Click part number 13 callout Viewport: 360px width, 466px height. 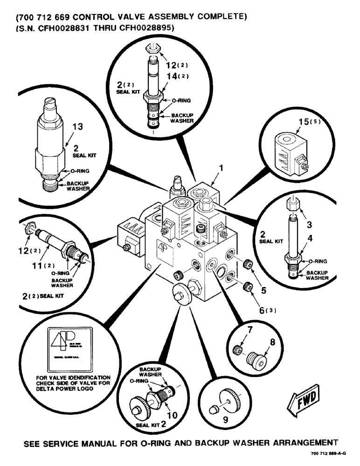click(x=77, y=127)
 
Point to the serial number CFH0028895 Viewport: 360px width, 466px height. click(x=140, y=28)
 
